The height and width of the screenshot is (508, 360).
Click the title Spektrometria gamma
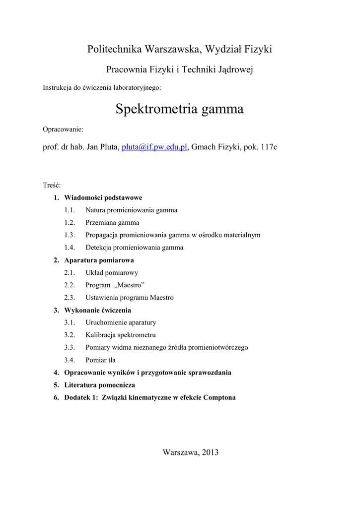(179, 109)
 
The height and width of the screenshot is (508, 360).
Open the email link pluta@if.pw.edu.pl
(154, 147)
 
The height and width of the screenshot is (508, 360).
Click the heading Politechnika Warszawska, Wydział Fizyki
(179, 49)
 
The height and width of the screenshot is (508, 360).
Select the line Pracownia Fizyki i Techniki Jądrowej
(180, 70)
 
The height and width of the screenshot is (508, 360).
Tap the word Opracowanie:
(63, 129)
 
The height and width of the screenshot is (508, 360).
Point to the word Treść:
(52, 185)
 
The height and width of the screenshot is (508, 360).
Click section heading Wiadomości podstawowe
(103, 197)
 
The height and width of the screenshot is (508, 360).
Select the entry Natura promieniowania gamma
(131, 210)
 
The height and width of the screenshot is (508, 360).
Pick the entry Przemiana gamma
(112, 223)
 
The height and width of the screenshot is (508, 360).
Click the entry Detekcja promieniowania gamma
(134, 248)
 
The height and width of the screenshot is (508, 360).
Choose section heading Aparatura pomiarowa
(99, 260)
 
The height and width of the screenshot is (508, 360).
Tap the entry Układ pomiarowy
(112, 272)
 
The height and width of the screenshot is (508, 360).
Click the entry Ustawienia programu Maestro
(129, 298)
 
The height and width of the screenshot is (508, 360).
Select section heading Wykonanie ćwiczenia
(98, 310)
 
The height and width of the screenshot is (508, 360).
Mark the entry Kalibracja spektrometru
(121, 335)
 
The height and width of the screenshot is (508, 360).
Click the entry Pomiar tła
(100, 360)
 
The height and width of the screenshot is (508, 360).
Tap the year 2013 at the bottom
(210, 452)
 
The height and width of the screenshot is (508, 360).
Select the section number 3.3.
(70, 347)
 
